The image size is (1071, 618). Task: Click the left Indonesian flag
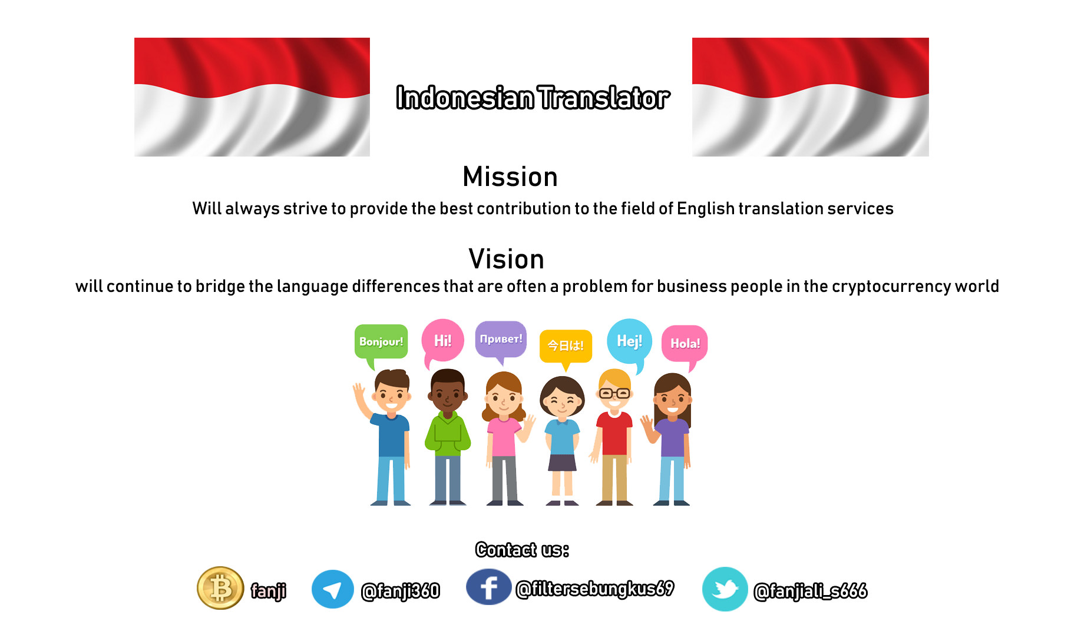tap(252, 97)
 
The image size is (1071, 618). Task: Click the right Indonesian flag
tap(811, 97)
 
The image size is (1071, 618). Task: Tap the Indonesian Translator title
tap(533, 98)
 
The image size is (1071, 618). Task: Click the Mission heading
tap(510, 177)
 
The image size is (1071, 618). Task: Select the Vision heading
tap(507, 259)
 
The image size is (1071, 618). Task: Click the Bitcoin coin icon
tap(220, 588)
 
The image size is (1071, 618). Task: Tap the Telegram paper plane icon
tap(333, 589)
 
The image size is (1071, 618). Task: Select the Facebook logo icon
tap(488, 587)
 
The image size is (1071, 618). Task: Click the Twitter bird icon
tap(725, 589)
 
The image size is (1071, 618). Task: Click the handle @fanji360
tap(401, 591)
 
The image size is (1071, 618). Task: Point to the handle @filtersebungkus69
tap(595, 589)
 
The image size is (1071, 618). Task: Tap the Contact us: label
tap(523, 550)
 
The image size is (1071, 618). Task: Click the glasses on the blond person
tap(614, 393)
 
